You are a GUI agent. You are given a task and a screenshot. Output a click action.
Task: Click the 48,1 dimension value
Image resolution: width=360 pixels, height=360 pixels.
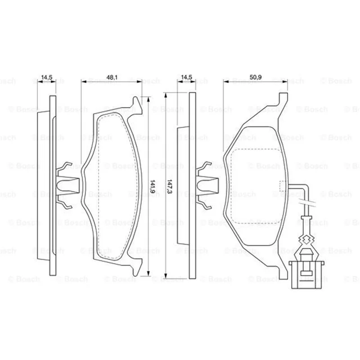point(112,77)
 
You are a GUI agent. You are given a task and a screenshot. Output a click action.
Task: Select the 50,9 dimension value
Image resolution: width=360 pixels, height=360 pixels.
point(256,77)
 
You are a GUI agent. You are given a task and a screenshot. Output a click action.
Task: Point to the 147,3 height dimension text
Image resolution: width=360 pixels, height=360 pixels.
point(170,186)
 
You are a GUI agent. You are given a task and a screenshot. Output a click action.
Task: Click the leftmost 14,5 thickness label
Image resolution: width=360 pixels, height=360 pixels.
point(47,77)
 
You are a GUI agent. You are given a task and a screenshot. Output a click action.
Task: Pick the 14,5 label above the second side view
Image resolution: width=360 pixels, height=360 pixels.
point(186,77)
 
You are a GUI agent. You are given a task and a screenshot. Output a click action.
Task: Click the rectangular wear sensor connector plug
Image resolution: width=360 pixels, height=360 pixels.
point(306,274)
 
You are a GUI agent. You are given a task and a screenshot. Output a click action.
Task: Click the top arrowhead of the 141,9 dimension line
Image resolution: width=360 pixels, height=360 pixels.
point(148,99)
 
